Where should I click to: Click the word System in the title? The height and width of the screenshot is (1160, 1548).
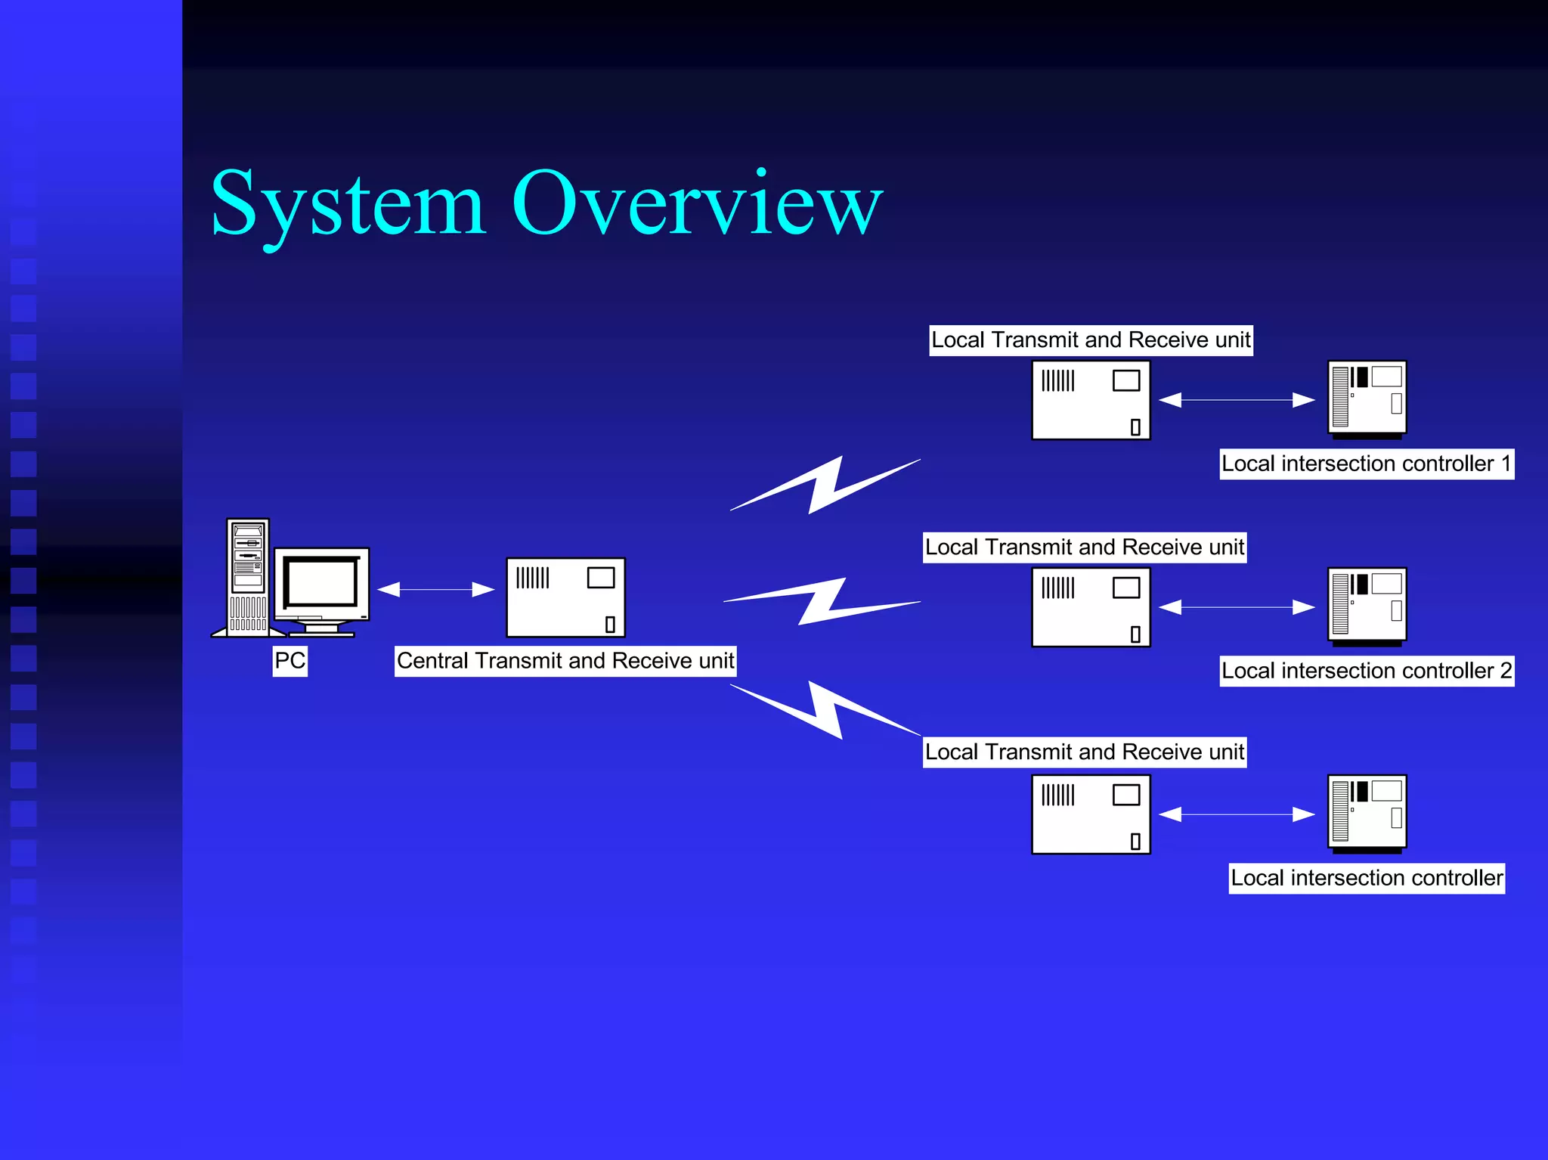348,204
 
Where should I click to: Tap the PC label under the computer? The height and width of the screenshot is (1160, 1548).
289,661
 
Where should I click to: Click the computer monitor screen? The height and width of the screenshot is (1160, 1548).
322,582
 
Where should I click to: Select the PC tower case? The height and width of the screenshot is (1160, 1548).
248,576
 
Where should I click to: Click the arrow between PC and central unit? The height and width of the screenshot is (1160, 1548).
435,589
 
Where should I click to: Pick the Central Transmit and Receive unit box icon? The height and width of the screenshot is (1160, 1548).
565,597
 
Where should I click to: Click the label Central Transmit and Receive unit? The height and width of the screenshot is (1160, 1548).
565,661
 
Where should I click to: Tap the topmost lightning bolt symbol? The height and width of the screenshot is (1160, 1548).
825,485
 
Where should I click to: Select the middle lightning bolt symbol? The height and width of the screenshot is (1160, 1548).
822,602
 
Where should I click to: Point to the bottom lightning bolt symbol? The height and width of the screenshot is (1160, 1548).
825,709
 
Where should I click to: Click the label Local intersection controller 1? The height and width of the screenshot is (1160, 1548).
1366,464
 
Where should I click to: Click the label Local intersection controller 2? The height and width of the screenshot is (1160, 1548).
1366,671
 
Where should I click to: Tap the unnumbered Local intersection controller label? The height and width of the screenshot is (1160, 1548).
1366,878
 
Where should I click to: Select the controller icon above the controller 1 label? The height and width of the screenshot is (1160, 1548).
1367,399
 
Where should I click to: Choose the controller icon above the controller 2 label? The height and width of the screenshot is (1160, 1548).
1367,606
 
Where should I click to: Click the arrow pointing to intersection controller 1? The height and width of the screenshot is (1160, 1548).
1237,400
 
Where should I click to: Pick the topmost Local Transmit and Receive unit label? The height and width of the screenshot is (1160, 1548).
1090,340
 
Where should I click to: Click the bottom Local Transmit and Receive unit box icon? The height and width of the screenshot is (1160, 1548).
1091,814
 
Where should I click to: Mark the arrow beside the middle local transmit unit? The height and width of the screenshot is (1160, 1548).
1237,607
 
